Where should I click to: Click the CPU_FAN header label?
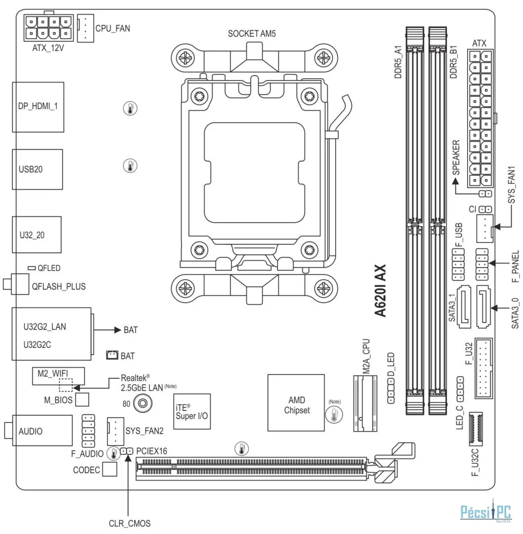point(113,28)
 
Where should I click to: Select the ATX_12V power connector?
point(48,28)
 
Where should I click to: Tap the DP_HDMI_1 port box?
point(38,107)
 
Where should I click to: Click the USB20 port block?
point(38,169)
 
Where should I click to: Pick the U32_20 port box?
point(37,235)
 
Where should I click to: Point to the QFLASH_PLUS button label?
point(59,286)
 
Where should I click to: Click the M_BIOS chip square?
point(82,400)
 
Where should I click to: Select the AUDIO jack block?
point(42,431)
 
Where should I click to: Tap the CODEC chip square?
point(110,469)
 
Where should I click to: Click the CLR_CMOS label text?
point(130,524)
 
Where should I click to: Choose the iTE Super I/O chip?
point(192,411)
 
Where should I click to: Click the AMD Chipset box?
point(296,403)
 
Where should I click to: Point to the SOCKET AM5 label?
point(252,34)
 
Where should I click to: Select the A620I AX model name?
point(380,291)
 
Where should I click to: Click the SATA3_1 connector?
point(463,307)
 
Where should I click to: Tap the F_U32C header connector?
point(476,429)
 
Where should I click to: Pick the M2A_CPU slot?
point(365,403)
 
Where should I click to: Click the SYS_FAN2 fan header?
point(116,432)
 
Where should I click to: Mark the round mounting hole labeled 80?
point(143,403)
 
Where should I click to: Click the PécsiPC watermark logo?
point(486,512)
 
